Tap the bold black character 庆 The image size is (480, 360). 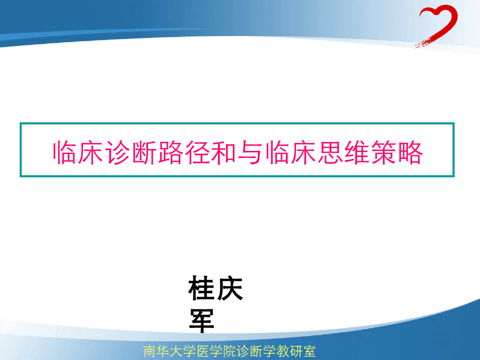230,289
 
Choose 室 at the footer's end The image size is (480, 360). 309,352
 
